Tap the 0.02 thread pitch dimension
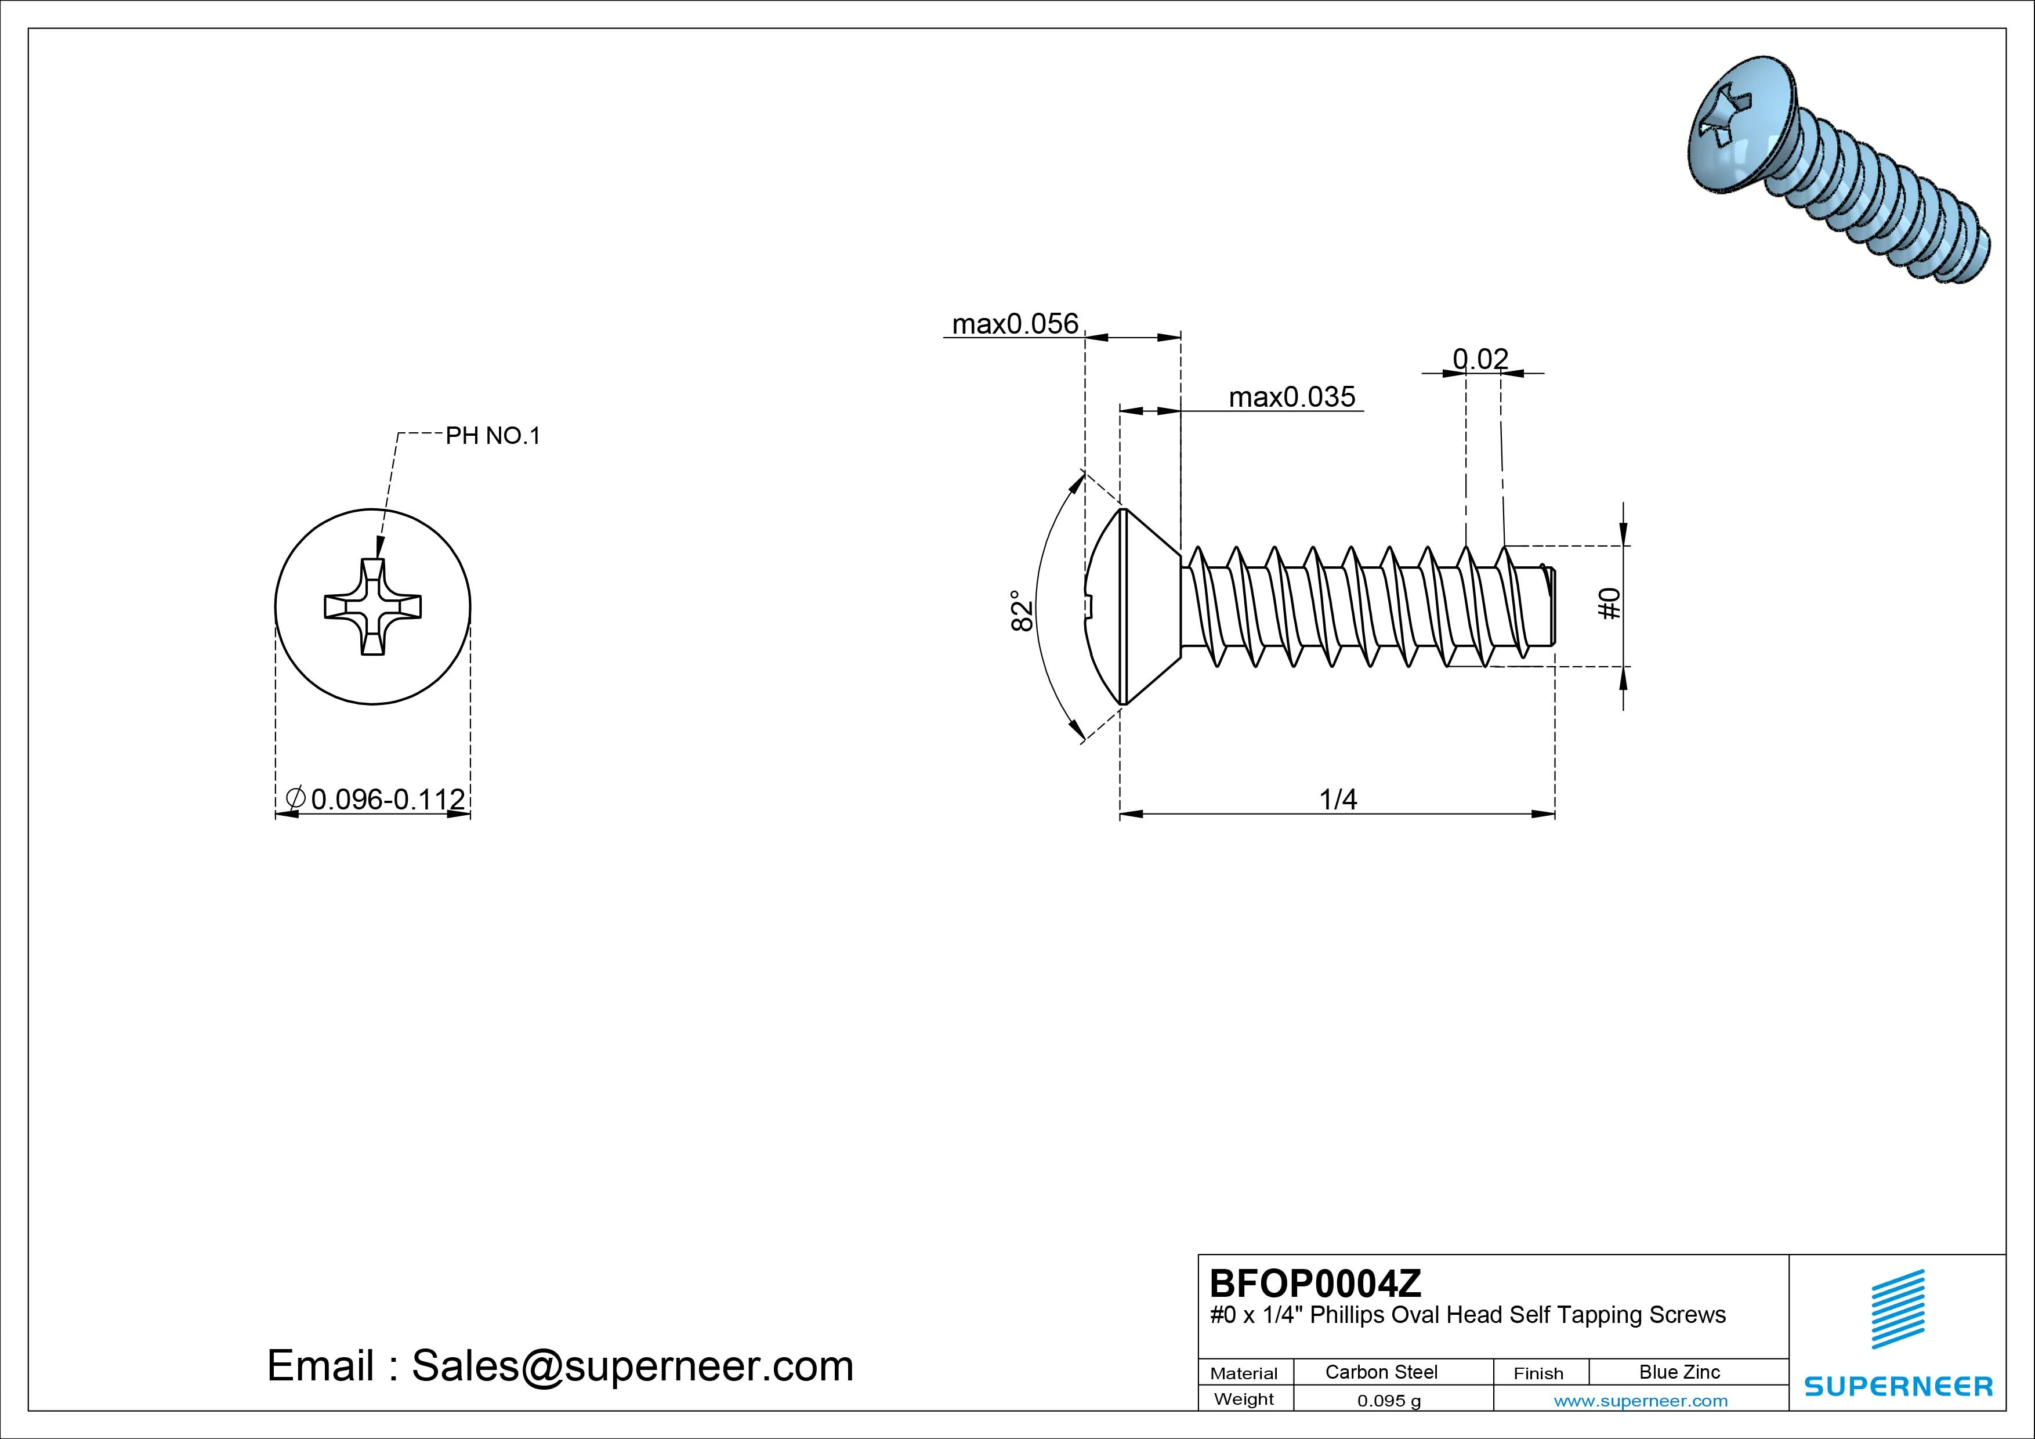(1480, 359)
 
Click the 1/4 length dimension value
(1338, 800)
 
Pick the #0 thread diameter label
(1610, 604)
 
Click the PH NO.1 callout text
(493, 435)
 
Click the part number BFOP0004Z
(1315, 1283)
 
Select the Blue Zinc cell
(1679, 1372)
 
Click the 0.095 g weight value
(1389, 1401)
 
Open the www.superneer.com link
(1641, 1401)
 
